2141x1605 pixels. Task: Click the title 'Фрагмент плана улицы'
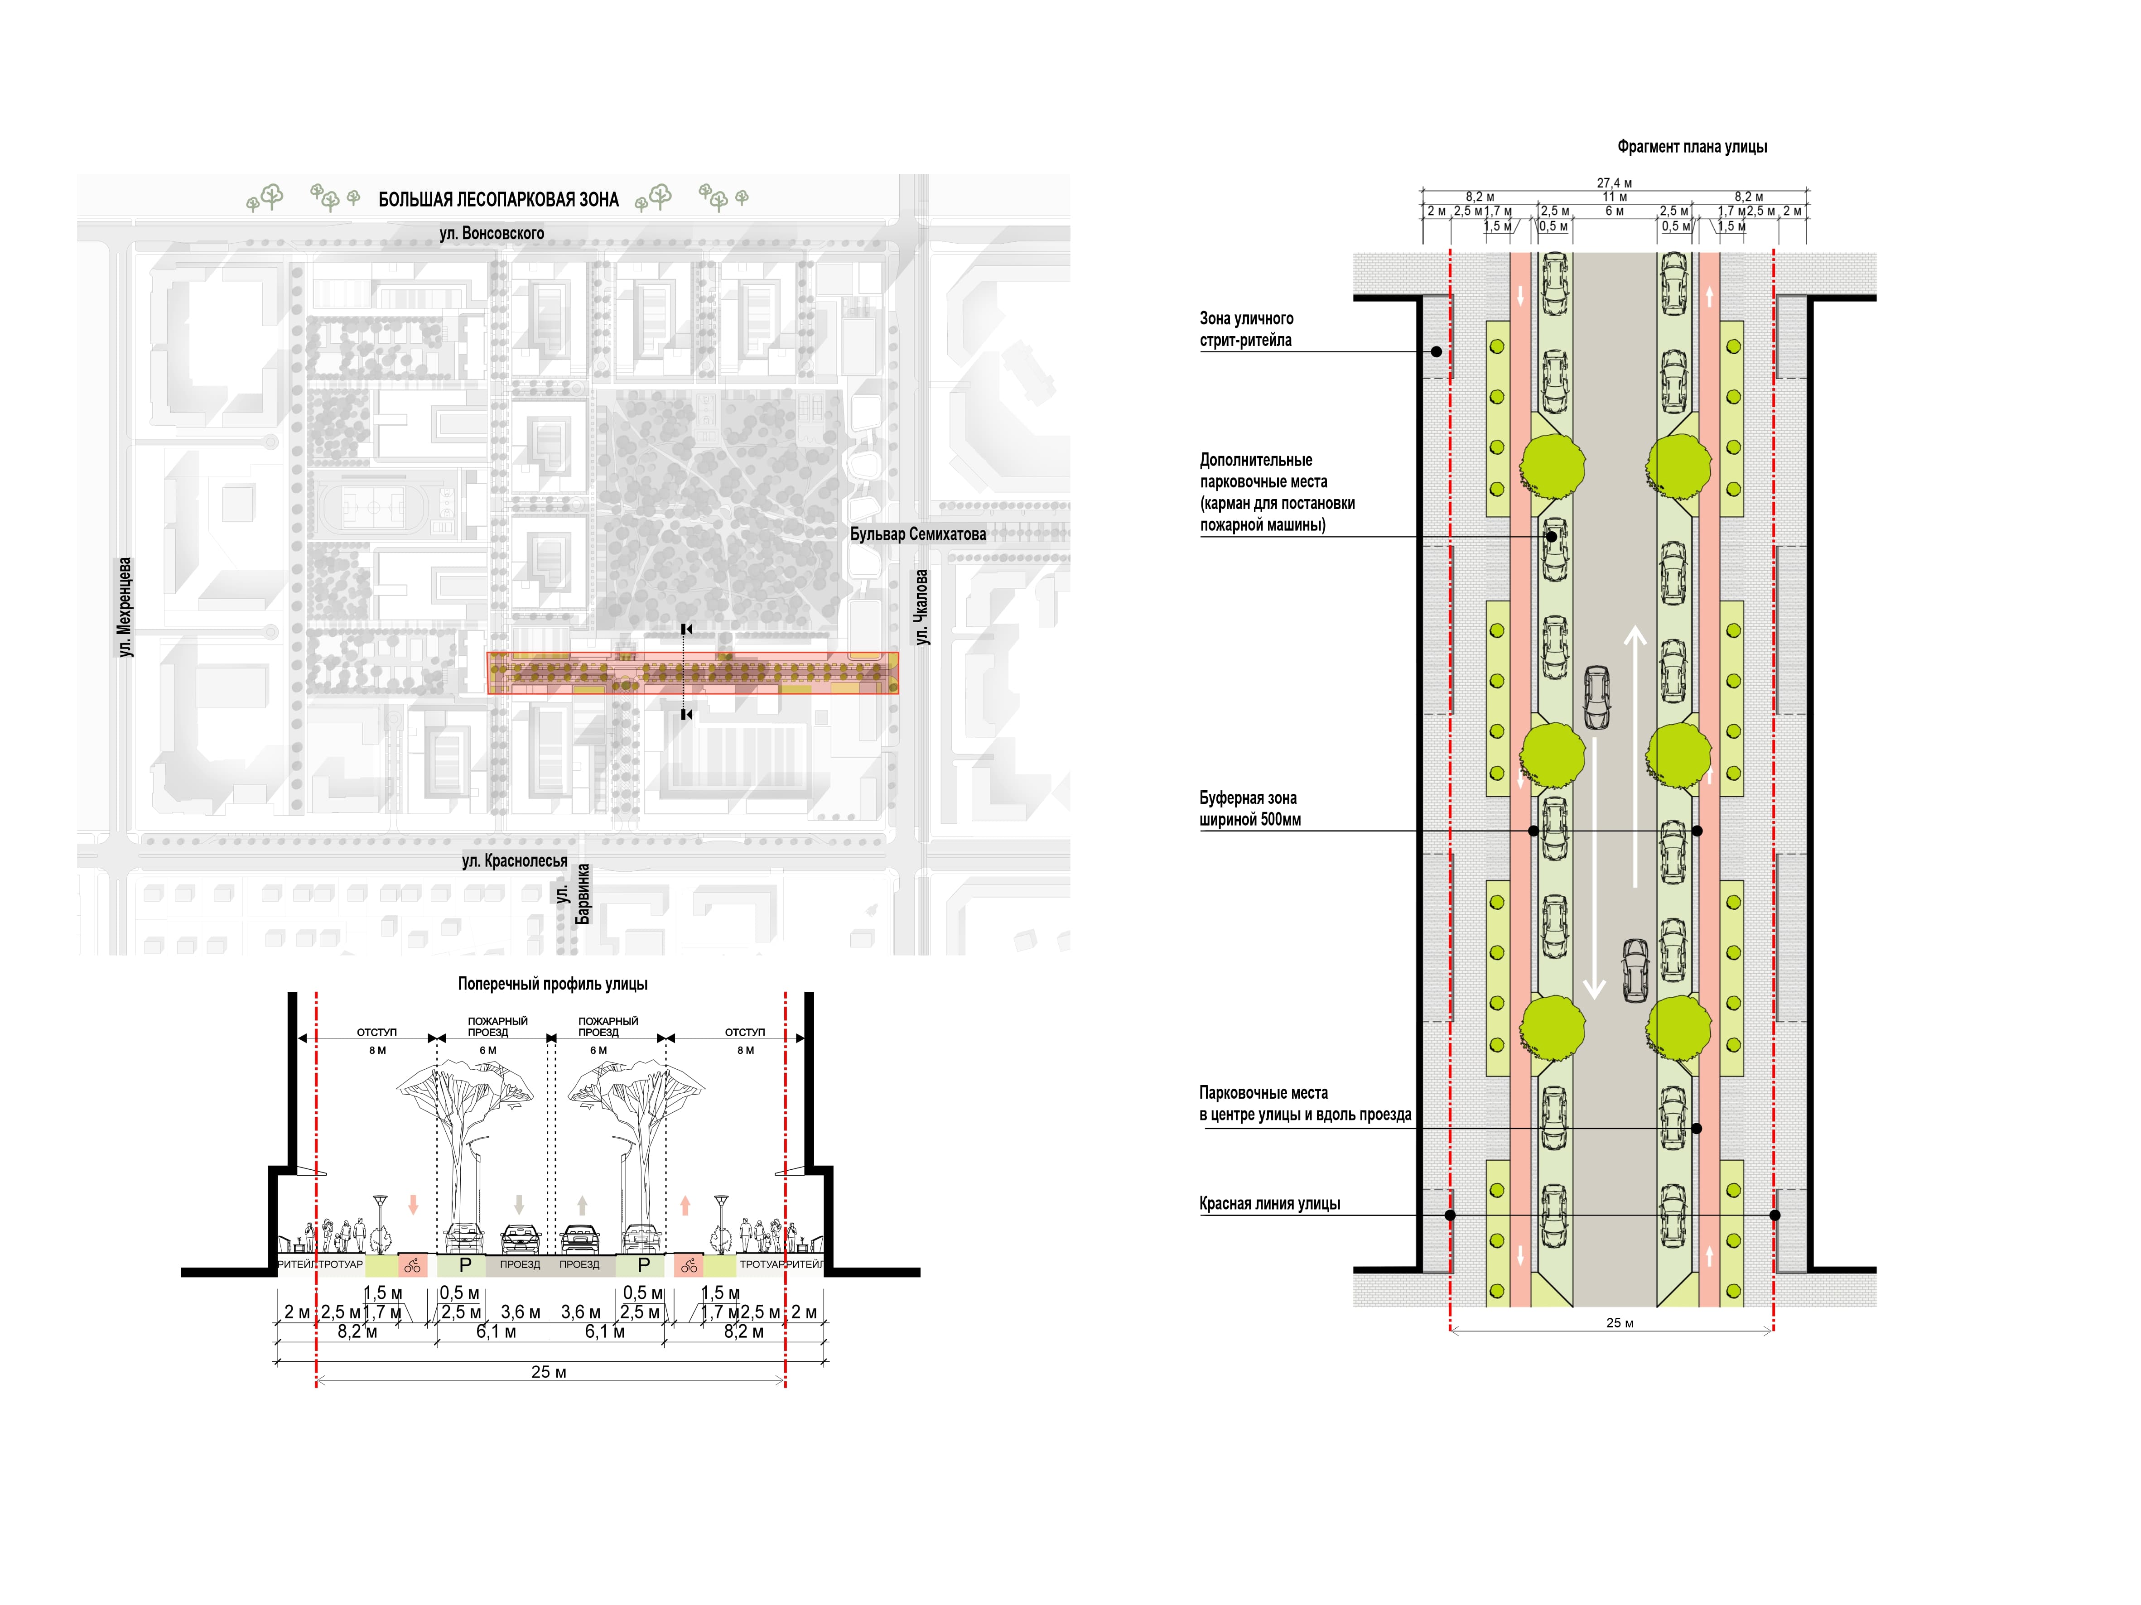coord(1692,147)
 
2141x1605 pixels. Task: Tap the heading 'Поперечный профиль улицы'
coord(553,984)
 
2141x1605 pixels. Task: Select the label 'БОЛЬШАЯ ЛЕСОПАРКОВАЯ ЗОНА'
coord(498,199)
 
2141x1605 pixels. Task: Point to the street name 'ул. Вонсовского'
coord(492,233)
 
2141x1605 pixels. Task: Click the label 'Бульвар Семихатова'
coord(917,534)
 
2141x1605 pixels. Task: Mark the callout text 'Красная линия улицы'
coord(1270,1203)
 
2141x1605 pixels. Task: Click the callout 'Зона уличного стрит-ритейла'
coord(1247,329)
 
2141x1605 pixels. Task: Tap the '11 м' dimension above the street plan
coord(1615,197)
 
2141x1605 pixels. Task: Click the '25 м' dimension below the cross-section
coord(549,1372)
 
